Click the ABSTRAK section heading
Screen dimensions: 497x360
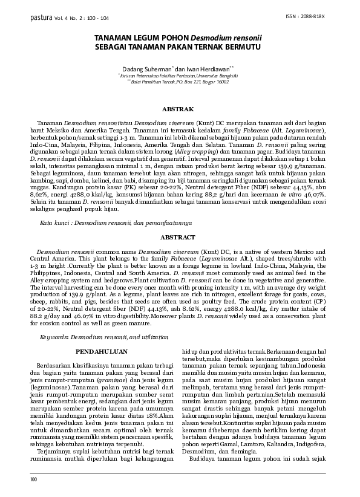tap(179, 109)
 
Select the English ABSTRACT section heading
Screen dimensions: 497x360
tap(179, 238)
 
